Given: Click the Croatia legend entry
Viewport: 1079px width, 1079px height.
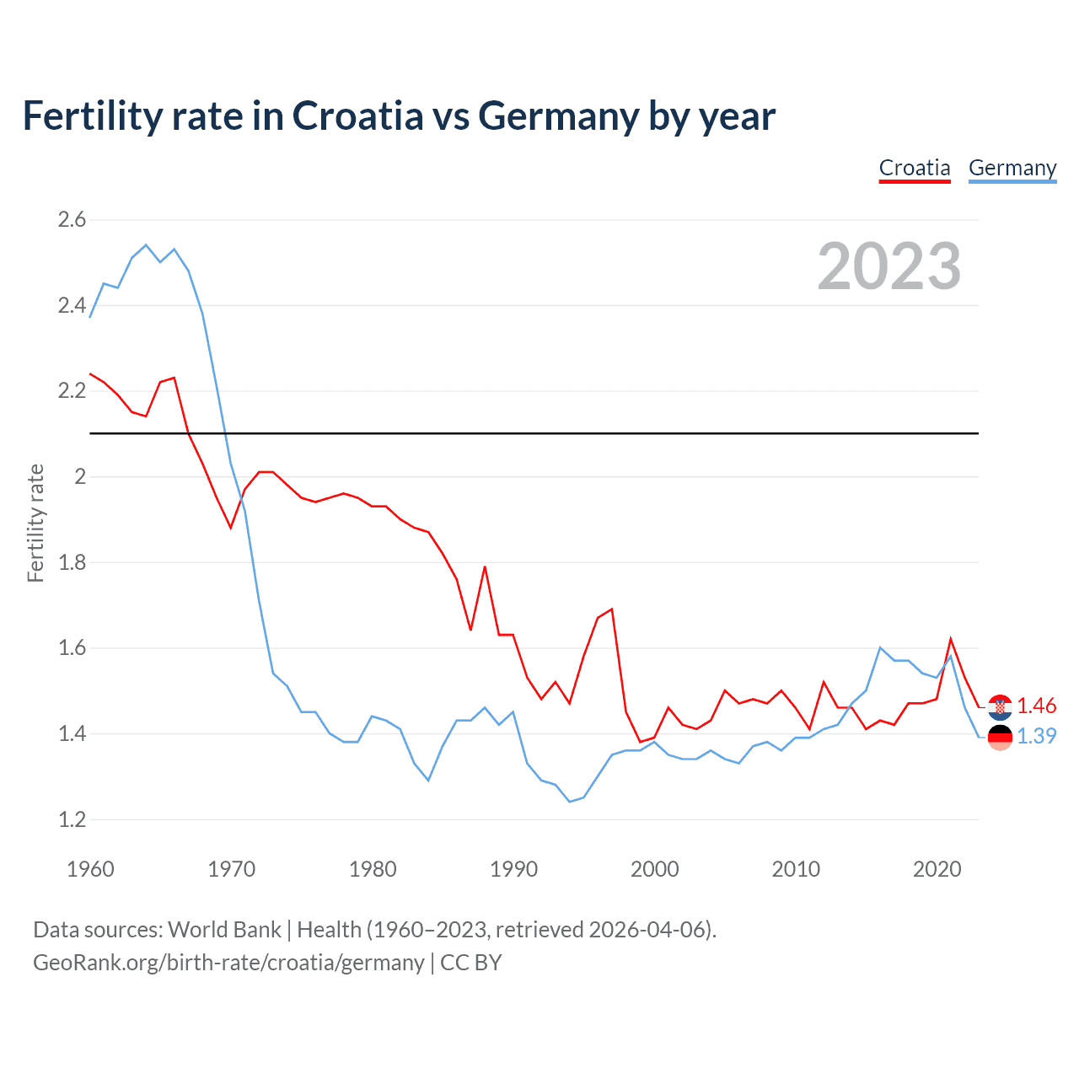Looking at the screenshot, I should click(915, 168).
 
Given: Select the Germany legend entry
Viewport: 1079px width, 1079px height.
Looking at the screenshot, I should click(1012, 168).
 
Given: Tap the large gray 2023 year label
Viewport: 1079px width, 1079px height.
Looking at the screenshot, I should click(889, 266).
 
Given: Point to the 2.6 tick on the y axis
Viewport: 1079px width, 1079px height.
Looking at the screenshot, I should click(72, 220).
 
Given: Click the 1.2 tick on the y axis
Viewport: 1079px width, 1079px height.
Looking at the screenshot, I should click(72, 819).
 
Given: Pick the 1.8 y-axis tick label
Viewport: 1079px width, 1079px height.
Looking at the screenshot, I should click(72, 562).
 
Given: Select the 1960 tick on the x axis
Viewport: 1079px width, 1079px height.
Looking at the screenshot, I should click(90, 869).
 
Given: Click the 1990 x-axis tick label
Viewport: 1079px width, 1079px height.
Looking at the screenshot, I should click(513, 869).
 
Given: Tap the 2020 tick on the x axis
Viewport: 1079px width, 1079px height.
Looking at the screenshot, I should click(937, 869).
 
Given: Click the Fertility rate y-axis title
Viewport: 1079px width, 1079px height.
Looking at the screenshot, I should click(35, 523).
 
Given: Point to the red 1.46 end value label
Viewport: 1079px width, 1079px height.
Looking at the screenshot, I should click(1036, 706).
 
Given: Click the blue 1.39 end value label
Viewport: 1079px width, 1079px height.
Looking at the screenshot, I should click(1036, 736).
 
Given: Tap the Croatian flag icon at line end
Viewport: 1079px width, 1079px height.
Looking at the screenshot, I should click(1000, 706).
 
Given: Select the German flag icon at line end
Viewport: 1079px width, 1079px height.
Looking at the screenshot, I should click(1000, 737).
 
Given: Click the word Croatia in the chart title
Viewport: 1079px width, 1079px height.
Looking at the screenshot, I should click(357, 115).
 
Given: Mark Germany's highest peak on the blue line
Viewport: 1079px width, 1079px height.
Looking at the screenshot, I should click(146, 245).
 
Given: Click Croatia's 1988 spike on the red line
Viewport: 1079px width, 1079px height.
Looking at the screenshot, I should click(485, 566).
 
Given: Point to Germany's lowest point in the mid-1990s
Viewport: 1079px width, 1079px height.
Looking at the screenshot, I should click(570, 802).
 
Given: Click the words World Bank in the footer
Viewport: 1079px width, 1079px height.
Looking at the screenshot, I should click(224, 930).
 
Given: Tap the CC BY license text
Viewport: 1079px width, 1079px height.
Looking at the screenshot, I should click(471, 963).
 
